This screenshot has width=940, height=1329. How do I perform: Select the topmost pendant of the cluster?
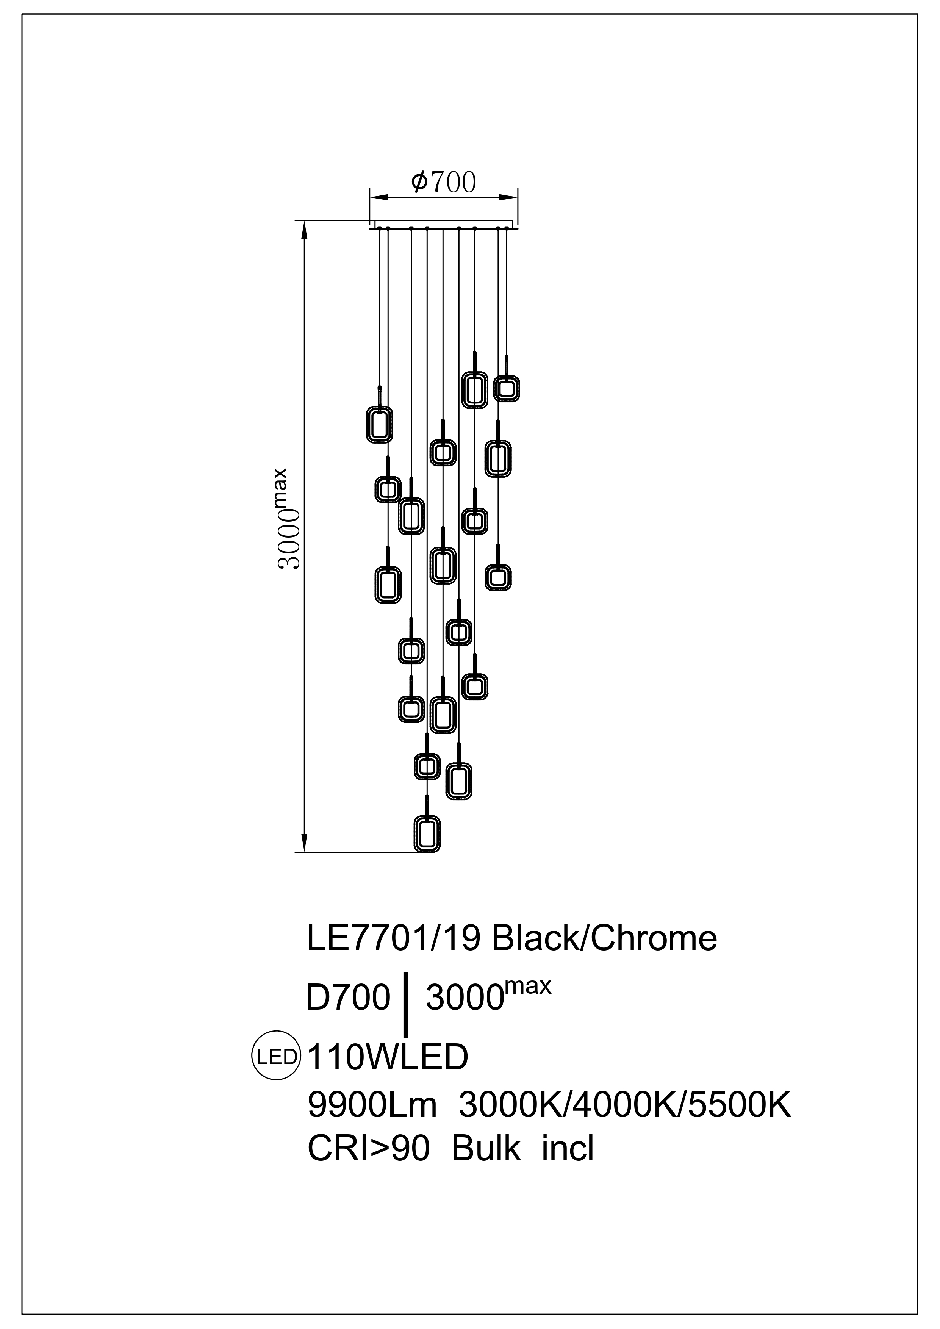click(x=474, y=389)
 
